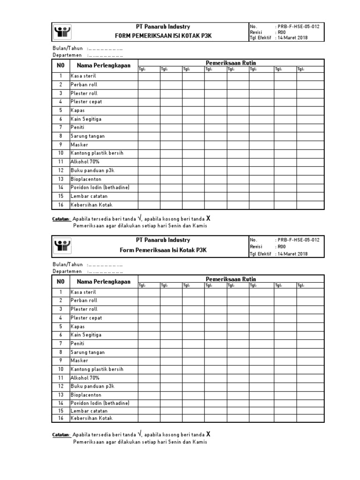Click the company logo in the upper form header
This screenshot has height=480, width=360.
click(62, 32)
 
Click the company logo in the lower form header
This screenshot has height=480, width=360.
click(62, 245)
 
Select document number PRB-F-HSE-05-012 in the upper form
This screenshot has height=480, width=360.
click(299, 27)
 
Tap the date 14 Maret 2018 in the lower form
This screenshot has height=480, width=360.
click(293, 254)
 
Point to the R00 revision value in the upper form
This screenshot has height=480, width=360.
click(281, 32)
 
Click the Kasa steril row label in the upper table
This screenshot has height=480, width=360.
click(84, 76)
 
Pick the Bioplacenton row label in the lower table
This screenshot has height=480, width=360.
click(86, 395)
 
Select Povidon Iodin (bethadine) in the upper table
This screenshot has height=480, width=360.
click(100, 187)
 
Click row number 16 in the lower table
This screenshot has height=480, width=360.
click(60, 418)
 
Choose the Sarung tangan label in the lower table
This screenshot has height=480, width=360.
click(88, 352)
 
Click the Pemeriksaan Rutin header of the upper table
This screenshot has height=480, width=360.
click(231, 63)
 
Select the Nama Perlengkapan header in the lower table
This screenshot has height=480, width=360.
click(104, 282)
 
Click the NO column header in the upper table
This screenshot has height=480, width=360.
click(60, 65)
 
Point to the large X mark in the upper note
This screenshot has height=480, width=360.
click(208, 218)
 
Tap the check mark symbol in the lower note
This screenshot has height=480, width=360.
click(139, 434)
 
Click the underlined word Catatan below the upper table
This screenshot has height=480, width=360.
click(61, 219)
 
